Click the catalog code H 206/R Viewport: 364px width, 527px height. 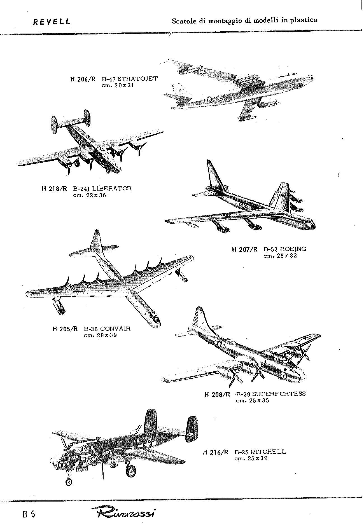(83, 79)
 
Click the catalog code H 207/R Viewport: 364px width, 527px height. (245, 249)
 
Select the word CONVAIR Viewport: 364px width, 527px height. (115, 328)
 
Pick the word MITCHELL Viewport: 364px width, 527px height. (269, 451)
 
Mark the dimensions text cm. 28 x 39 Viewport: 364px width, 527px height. (100, 335)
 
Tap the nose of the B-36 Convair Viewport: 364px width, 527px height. (155, 321)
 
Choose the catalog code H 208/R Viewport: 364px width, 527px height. (218, 394)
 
